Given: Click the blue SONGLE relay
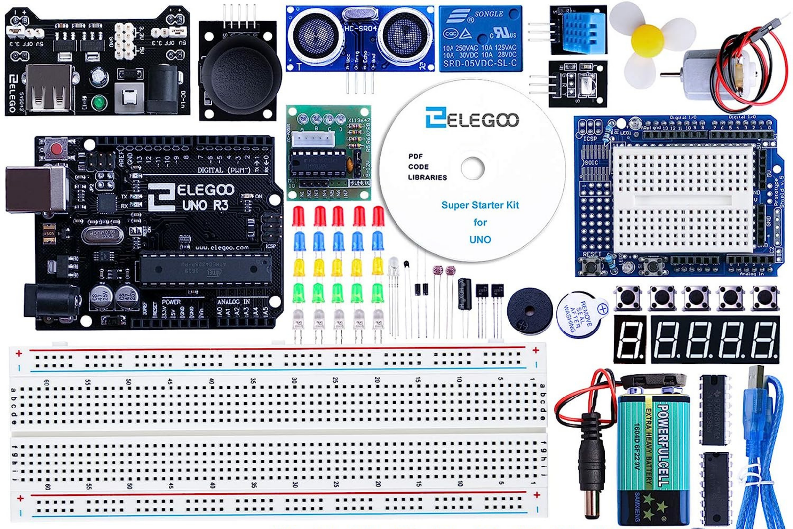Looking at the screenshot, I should pos(480,39).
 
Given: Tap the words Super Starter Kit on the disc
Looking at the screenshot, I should pos(480,205).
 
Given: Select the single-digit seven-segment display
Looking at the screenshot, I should pos(629,339).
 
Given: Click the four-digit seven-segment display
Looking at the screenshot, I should pos(715,339).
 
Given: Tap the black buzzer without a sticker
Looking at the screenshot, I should pos(529,311).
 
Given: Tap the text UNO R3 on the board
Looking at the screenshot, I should pos(205,204).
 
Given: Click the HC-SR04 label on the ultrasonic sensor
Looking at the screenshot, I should pos(360,29).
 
